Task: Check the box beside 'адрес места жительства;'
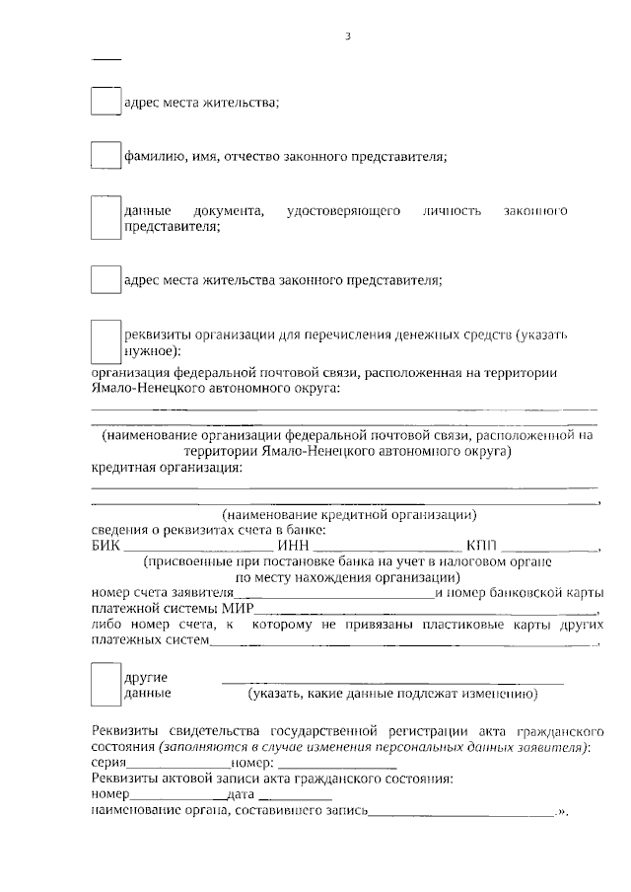click(105, 102)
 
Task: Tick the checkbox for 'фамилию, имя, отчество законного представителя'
click(105, 156)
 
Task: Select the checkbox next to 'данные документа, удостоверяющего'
click(105, 218)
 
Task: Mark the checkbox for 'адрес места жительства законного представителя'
click(105, 279)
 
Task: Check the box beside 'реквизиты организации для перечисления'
click(105, 341)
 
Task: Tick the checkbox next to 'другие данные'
click(105, 685)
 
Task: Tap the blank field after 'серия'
click(178, 764)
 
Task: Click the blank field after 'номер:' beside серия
click(335, 764)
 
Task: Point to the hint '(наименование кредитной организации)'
click(349, 515)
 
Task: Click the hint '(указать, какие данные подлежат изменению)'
click(392, 694)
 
